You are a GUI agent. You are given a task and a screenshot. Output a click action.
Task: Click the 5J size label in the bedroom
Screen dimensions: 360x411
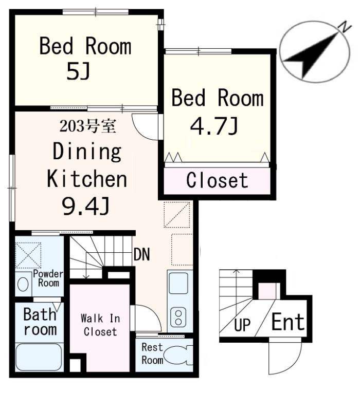78,71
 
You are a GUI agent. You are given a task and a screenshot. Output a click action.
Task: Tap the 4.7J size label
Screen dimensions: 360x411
214,126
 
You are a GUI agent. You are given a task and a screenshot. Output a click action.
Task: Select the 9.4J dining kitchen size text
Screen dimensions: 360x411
85,206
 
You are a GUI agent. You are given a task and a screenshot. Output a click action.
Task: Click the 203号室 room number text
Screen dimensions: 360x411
87,126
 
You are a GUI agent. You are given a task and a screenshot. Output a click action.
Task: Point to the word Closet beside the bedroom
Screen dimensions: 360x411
217,180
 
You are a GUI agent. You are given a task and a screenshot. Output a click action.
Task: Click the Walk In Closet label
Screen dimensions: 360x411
100,325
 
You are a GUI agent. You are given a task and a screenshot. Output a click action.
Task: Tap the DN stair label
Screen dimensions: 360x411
142,254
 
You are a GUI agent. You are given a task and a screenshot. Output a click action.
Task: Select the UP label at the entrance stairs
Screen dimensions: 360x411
242,325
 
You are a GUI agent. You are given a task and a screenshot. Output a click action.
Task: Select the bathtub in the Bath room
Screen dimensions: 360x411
39,357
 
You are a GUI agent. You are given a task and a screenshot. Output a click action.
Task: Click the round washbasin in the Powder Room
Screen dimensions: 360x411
23,284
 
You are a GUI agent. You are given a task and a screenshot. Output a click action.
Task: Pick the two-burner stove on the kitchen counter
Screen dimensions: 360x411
178,317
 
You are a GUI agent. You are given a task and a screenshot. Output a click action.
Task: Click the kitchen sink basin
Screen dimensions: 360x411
178,284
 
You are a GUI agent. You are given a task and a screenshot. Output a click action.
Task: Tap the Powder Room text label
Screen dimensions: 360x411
48,278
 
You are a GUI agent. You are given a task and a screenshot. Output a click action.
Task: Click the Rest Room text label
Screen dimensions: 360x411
152,353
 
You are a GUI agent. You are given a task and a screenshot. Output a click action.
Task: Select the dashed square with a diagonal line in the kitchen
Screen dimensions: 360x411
177,215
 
